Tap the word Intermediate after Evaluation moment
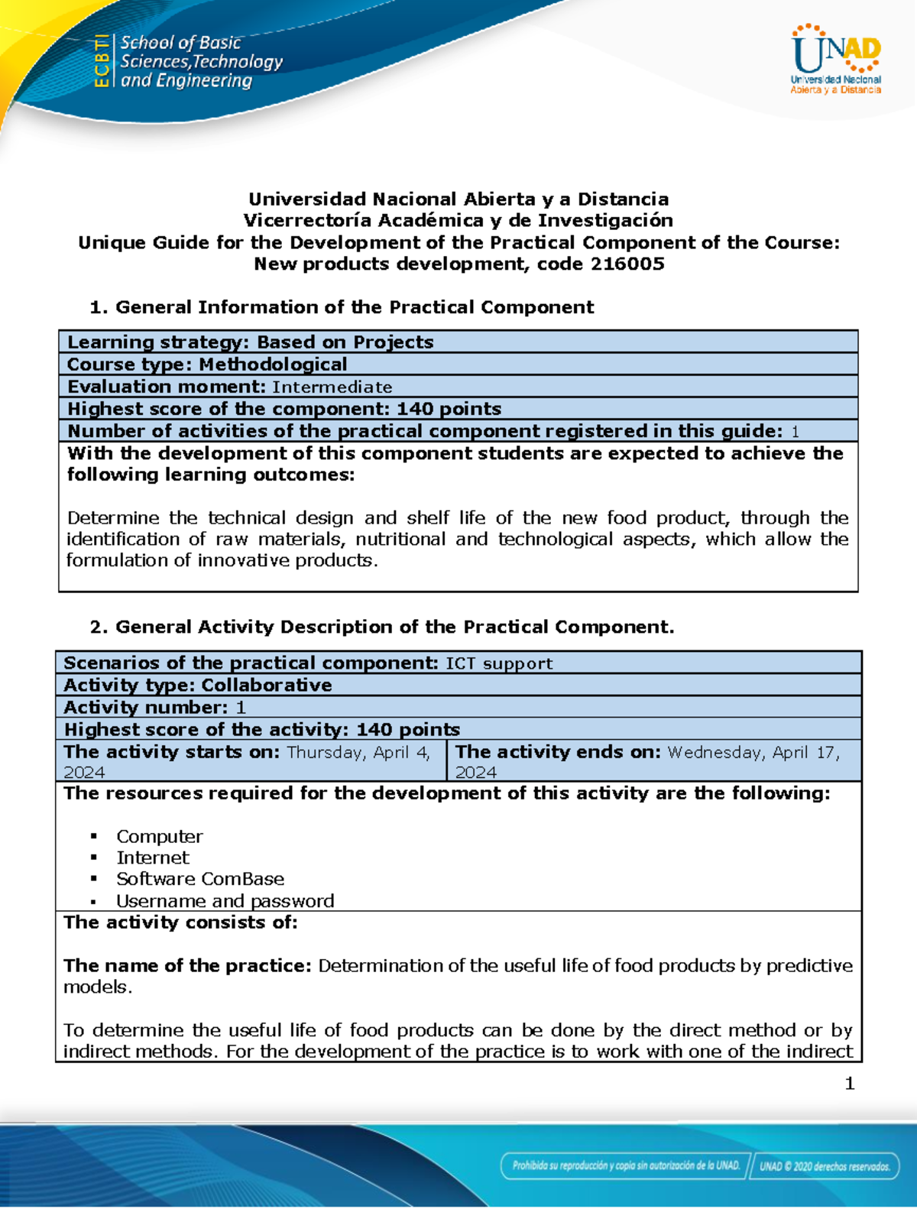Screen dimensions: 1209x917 coord(332,387)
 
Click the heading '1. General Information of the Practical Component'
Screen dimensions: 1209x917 coord(342,307)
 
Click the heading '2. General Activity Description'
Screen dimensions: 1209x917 coord(382,627)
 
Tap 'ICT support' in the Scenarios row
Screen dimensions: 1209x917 coord(499,663)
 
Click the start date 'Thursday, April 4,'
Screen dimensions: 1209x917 coord(358,753)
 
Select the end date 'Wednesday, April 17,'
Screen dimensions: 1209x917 coord(753,753)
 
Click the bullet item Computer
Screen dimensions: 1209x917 coord(160,837)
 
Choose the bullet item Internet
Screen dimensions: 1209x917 coord(153,858)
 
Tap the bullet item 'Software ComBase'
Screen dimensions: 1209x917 coord(200,880)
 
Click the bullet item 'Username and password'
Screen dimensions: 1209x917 coord(225,901)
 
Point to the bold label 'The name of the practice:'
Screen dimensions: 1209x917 coord(187,966)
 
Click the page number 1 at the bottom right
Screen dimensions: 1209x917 coord(850,1084)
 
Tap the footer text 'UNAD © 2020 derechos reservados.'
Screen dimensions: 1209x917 coord(825,1166)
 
